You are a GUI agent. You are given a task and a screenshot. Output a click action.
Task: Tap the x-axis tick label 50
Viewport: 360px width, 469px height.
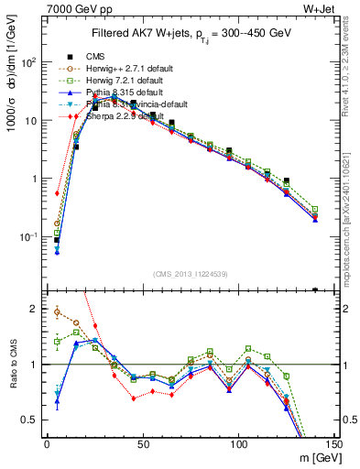[x=142, y=444]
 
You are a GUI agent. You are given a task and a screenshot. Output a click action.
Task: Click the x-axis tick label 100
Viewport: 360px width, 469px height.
[x=238, y=444]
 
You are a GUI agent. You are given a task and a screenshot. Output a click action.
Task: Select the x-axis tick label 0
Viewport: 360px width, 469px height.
[x=47, y=444]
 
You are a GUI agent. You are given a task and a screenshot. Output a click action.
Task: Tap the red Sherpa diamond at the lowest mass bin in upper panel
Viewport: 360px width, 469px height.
[x=57, y=193]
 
